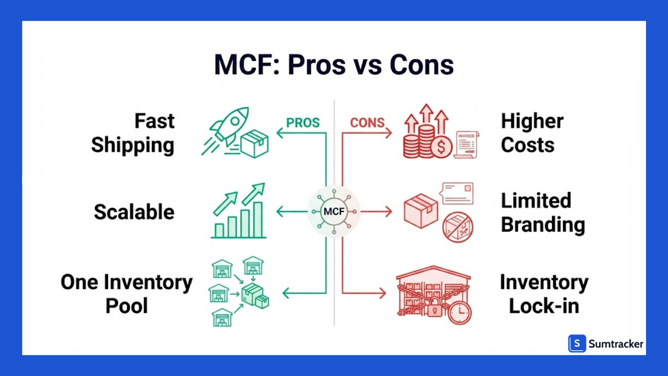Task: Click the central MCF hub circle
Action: click(334, 211)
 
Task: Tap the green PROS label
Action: click(303, 123)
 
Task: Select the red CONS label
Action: click(367, 123)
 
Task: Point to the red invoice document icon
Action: click(467, 144)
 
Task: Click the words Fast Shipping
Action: click(133, 133)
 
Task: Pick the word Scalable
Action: click(134, 211)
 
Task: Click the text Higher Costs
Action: click(533, 133)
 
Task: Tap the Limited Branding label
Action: click(543, 212)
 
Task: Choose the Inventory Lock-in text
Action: click(544, 294)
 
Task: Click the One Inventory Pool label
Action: click(127, 294)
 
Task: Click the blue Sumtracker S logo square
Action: click(577, 344)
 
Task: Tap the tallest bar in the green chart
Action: click(258, 220)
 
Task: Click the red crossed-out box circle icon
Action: click(458, 227)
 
